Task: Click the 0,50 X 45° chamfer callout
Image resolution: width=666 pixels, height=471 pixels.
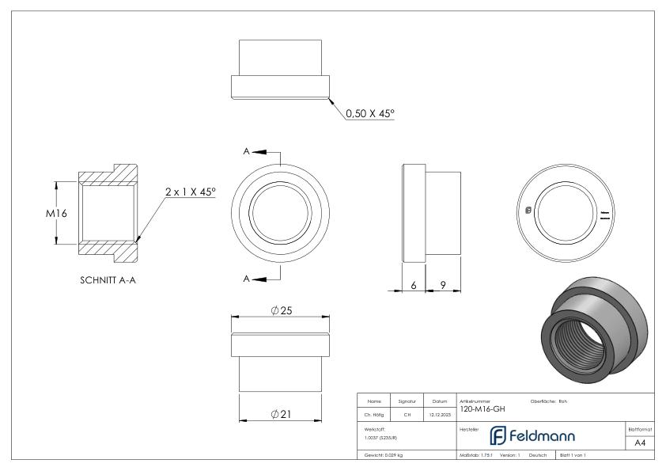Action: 369,113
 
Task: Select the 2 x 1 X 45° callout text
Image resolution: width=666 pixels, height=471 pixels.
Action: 190,192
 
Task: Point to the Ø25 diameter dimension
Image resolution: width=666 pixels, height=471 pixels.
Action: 282,310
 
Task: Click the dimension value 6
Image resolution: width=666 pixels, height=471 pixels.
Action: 414,286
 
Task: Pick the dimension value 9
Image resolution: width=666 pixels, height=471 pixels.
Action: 443,286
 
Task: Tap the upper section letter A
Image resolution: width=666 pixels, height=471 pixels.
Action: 248,150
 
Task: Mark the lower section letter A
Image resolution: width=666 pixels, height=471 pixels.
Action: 248,278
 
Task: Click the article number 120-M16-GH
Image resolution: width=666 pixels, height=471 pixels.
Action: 482,409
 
